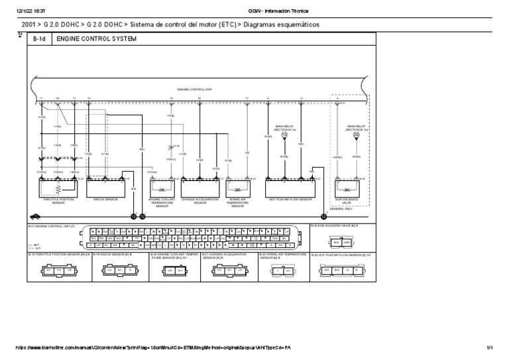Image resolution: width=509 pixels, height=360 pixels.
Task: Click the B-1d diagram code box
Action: (x=40, y=40)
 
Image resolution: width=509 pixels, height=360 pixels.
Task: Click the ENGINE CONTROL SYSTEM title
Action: (x=96, y=40)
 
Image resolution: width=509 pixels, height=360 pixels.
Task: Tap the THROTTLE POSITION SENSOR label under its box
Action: (x=58, y=201)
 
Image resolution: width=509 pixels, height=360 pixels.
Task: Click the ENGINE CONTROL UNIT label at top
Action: (x=194, y=89)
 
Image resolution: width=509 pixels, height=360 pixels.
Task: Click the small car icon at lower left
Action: (x=34, y=215)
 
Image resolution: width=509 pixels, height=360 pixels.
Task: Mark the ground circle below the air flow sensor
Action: (x=323, y=215)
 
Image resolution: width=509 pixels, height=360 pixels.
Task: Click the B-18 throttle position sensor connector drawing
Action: (x=58, y=270)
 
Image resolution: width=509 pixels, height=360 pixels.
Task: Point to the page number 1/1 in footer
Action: (x=489, y=347)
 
